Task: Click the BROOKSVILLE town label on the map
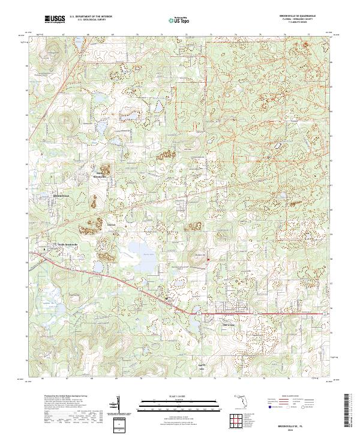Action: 62,196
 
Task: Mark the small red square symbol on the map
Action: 208,259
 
